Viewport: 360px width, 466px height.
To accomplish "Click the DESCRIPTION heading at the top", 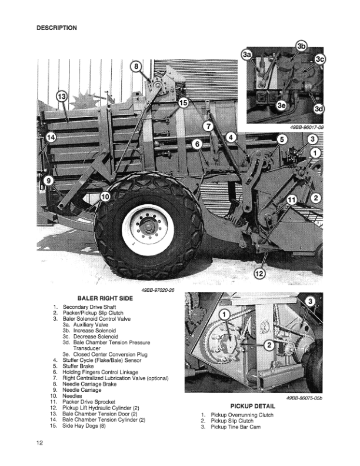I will [56, 28].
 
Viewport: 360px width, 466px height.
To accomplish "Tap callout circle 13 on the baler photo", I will [62, 96].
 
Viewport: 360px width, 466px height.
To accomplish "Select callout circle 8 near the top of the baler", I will [136, 67].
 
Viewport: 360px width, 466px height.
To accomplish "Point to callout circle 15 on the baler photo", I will [183, 103].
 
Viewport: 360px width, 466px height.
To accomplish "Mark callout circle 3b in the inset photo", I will [301, 46].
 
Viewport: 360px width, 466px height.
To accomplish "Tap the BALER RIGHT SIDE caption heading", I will [105, 298].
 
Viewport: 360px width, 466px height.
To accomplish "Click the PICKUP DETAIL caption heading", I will [252, 406].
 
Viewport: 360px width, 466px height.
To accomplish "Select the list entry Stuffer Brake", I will [78, 366].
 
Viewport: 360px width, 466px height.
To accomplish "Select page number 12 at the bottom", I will [39, 442].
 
